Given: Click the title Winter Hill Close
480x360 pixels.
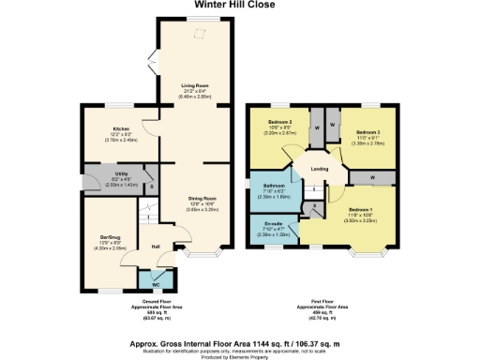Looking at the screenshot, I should click(240, 5).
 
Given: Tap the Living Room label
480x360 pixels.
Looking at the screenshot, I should click(194, 85).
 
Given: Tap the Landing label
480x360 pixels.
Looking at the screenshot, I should click(320, 169).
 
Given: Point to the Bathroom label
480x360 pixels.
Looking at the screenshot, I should click(274, 186).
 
